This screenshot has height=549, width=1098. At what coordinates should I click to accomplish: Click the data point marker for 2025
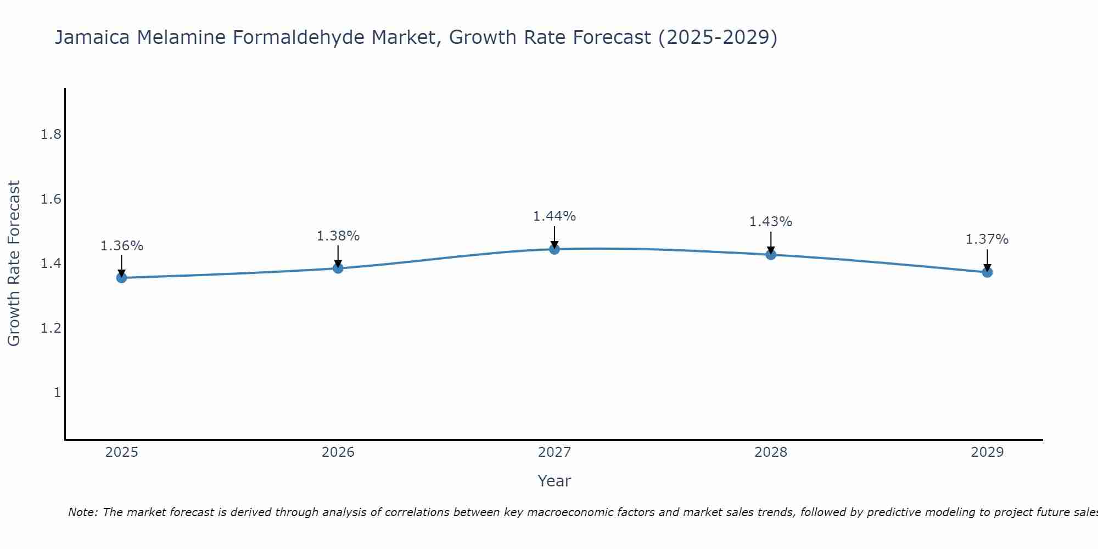(x=121, y=278)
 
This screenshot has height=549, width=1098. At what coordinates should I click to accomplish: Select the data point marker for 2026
(x=338, y=268)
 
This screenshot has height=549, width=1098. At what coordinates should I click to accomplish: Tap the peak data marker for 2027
(x=554, y=249)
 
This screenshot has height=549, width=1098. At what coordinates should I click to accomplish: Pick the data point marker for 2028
(x=771, y=254)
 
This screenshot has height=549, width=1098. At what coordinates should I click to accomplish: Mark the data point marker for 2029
(x=987, y=272)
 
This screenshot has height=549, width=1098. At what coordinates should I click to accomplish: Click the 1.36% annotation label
(x=121, y=246)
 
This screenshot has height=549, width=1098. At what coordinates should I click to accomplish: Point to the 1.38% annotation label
(x=338, y=236)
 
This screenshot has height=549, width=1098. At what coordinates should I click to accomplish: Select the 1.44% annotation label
(x=554, y=216)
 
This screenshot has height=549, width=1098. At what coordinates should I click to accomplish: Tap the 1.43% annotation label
(x=771, y=222)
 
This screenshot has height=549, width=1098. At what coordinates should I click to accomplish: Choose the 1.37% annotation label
(x=987, y=239)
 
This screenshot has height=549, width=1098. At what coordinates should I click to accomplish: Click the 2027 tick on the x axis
(x=554, y=452)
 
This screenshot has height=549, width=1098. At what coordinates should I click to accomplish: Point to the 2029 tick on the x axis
(x=987, y=452)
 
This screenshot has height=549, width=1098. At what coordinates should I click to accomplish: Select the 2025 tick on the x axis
(x=121, y=452)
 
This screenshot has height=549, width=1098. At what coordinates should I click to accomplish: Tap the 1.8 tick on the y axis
(x=51, y=135)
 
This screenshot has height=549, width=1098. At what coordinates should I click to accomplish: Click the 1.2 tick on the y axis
(x=51, y=328)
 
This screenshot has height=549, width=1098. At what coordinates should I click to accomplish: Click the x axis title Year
(x=554, y=481)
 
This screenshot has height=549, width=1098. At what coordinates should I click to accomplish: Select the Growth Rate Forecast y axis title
(x=14, y=264)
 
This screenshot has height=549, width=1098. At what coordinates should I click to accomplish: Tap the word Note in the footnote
(x=82, y=512)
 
